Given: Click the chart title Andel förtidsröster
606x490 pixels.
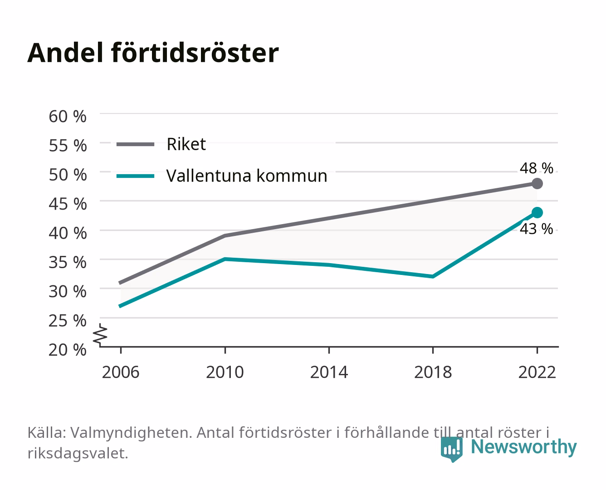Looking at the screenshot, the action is tap(153, 53).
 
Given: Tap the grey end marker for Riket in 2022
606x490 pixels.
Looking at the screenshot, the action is tap(537, 184).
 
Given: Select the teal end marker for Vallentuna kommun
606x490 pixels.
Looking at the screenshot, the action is tap(537, 213).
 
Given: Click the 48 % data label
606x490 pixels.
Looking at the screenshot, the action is tap(536, 168).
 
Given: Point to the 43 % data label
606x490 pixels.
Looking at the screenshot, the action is tap(536, 229).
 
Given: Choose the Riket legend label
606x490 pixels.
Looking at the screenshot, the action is tap(186, 144).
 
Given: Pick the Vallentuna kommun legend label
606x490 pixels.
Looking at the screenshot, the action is tap(247, 176).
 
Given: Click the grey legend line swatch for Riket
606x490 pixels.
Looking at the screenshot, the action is tap(136, 145).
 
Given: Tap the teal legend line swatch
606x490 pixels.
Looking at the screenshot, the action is tap(136, 176).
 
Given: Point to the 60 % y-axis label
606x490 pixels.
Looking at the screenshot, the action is tap(68, 117).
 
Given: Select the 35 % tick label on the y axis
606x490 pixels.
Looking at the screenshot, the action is tap(68, 262).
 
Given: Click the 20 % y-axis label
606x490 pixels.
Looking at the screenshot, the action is tap(68, 350).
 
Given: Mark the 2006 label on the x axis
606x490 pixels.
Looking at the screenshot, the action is tap(121, 372).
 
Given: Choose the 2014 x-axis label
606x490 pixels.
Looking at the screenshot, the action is tap(329, 372).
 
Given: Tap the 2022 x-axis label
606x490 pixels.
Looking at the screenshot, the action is tap(537, 372).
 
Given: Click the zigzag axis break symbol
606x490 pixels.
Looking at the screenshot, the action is tap(100, 335).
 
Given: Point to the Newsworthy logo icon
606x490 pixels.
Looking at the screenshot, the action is tap(451, 449).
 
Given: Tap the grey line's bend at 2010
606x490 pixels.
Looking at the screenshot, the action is tap(225, 236).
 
